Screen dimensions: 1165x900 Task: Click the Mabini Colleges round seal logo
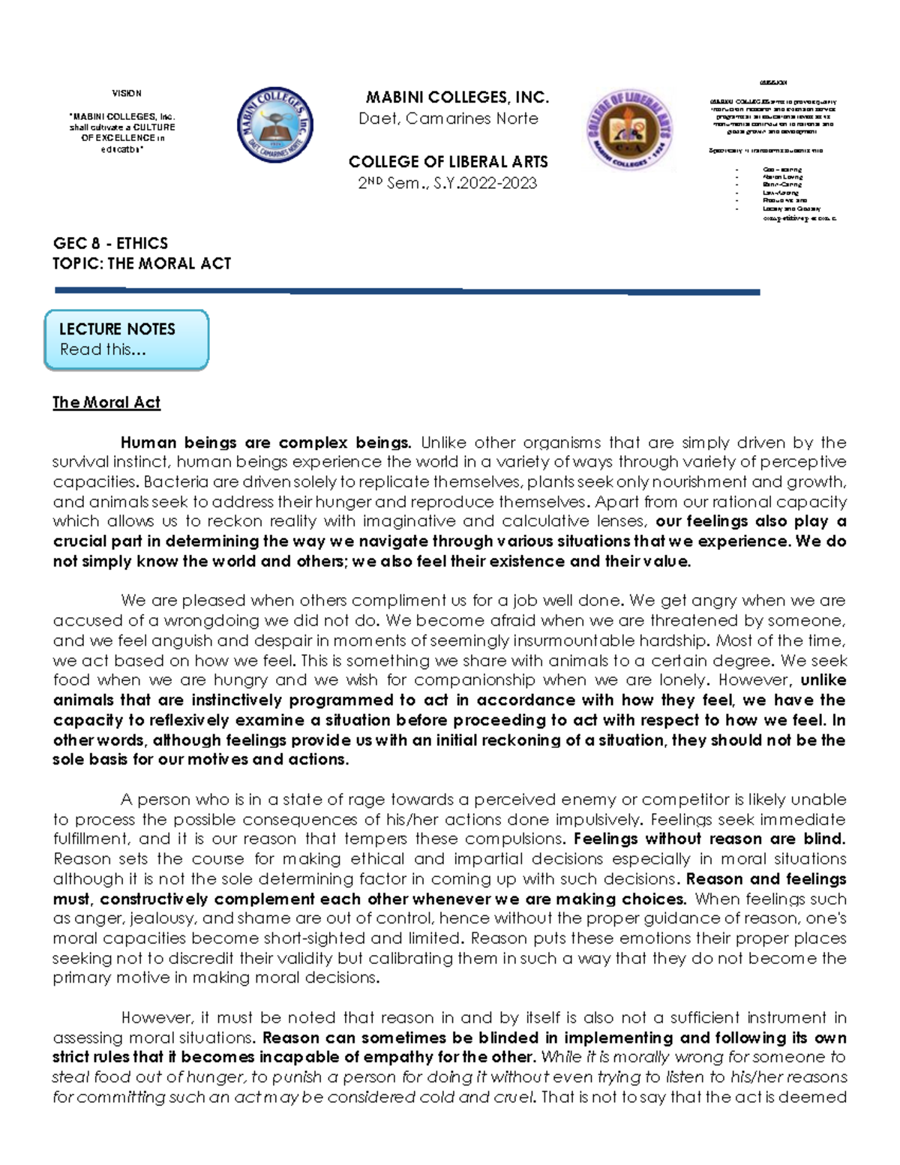[275, 125]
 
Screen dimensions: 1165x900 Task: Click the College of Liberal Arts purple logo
[630, 129]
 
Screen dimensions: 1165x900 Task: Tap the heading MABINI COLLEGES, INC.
[457, 98]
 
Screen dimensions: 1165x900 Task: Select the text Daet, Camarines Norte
[448, 119]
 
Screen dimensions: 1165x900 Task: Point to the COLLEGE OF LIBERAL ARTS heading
[448, 162]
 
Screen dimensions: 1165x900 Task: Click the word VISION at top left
[126, 94]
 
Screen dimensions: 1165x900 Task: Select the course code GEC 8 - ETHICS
[110, 243]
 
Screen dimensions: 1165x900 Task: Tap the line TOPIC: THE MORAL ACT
[142, 263]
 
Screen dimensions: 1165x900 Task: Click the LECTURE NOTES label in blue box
[117, 329]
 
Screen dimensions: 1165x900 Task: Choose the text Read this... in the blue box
[103, 350]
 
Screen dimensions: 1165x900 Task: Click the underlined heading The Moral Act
[106, 403]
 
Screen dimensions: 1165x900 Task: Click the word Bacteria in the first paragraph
[171, 482]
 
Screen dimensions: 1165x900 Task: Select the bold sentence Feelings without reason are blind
[709, 839]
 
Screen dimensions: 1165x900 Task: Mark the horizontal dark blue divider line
[407, 291]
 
